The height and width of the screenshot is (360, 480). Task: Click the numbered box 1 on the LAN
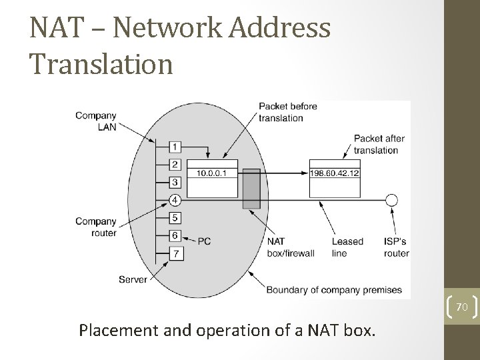(175, 146)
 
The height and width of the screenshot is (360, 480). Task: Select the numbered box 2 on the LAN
(175, 164)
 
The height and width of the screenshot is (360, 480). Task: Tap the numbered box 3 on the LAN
(175, 181)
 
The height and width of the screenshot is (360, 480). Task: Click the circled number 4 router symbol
(175, 199)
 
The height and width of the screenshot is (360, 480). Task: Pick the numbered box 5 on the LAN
(175, 217)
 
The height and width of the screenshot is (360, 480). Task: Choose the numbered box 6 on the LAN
(175, 235)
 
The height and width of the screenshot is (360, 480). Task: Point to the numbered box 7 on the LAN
(175, 253)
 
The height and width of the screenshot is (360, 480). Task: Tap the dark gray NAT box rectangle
(251, 189)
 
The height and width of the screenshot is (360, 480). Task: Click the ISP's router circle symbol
(392, 199)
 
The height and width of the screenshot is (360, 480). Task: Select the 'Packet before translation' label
(287, 111)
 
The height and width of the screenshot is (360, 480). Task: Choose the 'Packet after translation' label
(379, 145)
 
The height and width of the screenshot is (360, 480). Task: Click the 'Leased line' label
(347, 247)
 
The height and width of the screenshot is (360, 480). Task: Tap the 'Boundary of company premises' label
(334, 289)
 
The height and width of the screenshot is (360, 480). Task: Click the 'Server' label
(133, 279)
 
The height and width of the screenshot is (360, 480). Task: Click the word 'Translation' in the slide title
(101, 65)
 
